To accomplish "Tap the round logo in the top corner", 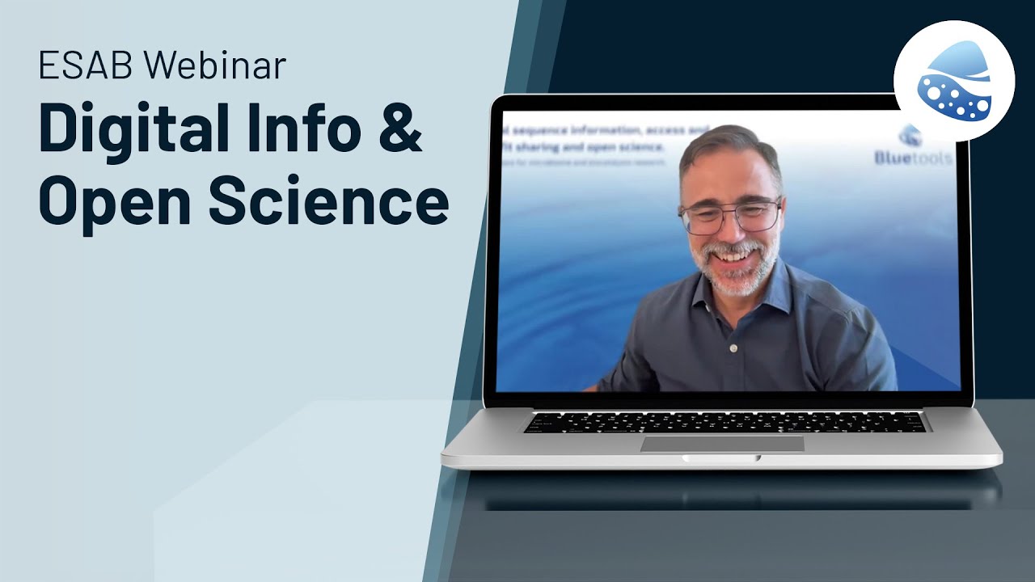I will pyautogui.click(x=954, y=81).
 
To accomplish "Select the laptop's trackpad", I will pyautogui.click(x=722, y=443).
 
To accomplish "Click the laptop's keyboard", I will pyautogui.click(x=724, y=421).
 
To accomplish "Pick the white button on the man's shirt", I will pyautogui.click(x=733, y=348).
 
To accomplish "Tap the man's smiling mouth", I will pyautogui.click(x=732, y=257).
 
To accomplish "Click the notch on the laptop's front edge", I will pyautogui.click(x=721, y=458).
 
